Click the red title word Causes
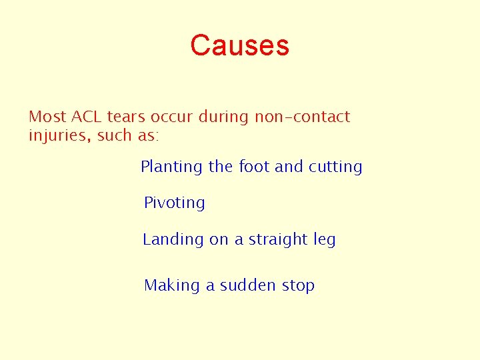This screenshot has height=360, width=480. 239,46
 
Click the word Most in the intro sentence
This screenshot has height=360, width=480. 47,117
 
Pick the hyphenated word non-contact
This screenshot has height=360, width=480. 302,117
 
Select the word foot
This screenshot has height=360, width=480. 254,167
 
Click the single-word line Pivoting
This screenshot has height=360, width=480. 175,203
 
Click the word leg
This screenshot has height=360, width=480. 325,240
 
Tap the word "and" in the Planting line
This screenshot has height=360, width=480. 289,167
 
